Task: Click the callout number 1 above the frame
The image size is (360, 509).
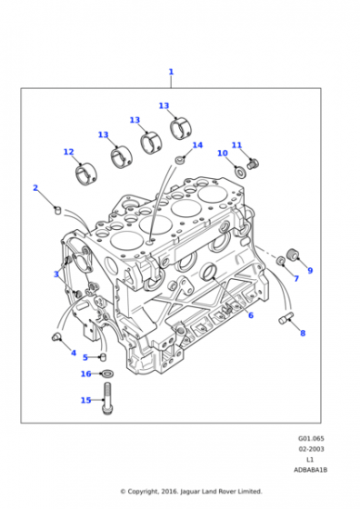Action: point(171,72)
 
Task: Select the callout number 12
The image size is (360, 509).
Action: point(68,152)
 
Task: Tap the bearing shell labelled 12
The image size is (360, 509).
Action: point(85,175)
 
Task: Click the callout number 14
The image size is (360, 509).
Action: point(197,145)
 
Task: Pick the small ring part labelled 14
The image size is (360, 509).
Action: point(180,160)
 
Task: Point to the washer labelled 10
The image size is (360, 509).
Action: point(241,172)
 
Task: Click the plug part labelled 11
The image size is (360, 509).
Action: point(254,164)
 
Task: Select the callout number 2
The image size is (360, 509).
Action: point(35,187)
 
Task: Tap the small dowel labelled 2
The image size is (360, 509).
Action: point(57,210)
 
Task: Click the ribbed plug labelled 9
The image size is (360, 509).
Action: point(293,254)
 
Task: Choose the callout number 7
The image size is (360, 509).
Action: point(296,278)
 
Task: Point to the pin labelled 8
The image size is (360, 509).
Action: point(286,317)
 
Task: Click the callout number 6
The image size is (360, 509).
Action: point(251,314)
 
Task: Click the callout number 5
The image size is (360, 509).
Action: point(85,357)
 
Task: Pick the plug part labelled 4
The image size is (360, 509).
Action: point(56,337)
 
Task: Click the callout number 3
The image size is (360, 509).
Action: point(56,274)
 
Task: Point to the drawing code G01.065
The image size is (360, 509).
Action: point(311,438)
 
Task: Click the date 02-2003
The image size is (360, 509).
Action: point(311,449)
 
